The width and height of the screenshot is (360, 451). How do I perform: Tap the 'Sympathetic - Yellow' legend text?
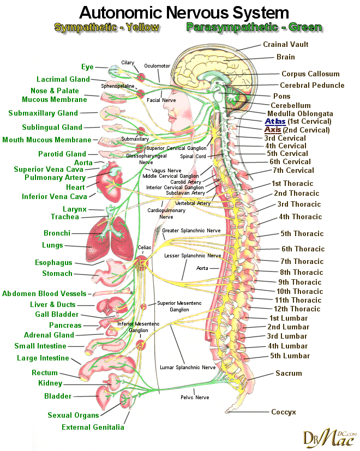(x=107, y=27)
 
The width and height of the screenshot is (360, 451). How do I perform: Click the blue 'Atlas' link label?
(x=275, y=121)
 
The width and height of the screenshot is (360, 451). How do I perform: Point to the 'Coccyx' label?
(x=283, y=412)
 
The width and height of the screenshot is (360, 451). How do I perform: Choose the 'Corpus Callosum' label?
(x=310, y=74)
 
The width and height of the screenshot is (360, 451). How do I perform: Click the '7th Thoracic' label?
(x=302, y=261)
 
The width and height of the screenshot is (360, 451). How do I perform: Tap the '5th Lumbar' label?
(x=290, y=356)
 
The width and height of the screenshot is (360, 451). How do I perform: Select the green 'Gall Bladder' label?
(x=57, y=315)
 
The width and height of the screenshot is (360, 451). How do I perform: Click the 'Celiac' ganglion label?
(x=144, y=247)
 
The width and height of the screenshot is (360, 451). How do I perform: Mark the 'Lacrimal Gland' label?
(x=63, y=80)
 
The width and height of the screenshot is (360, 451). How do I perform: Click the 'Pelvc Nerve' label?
(x=195, y=398)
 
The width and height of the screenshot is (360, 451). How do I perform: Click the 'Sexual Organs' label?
(x=73, y=416)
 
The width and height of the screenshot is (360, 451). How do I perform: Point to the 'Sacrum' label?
(x=289, y=374)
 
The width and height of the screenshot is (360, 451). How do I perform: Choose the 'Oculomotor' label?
(x=157, y=66)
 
